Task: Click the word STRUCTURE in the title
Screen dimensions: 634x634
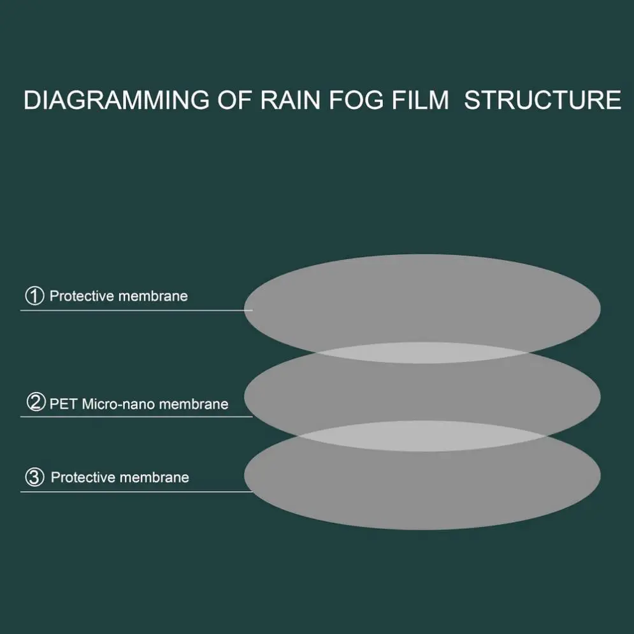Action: point(542,101)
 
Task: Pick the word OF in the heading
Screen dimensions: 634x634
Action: point(234,101)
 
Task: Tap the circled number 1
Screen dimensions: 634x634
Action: point(34,296)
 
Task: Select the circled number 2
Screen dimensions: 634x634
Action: point(35,403)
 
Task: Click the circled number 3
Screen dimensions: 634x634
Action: point(34,477)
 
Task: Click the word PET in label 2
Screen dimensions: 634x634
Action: point(64,403)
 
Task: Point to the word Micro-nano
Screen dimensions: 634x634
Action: point(119,403)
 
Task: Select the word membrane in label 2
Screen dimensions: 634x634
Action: point(194,403)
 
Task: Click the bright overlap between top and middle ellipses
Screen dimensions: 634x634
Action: point(422,352)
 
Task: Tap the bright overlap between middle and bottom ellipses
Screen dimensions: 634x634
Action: point(422,435)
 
